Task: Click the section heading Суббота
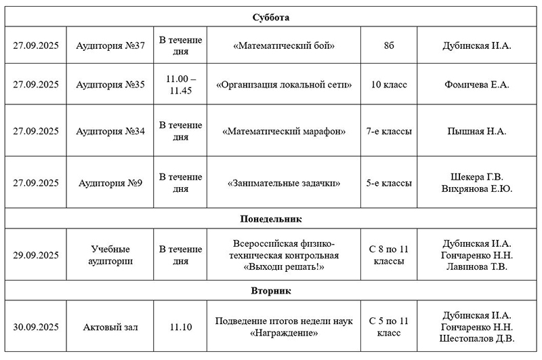click(x=271, y=17)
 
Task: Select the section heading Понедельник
click(x=271, y=219)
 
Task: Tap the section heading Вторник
click(x=271, y=291)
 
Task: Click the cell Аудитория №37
click(x=110, y=45)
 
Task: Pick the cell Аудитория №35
click(x=110, y=85)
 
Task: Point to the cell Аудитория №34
click(x=110, y=131)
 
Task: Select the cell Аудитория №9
click(x=110, y=183)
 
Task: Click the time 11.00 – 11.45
click(x=180, y=85)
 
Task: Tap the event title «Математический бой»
click(x=284, y=45)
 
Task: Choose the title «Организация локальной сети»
click(x=284, y=85)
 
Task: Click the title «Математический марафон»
click(x=284, y=131)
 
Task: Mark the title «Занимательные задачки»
click(x=284, y=183)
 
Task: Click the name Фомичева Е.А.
click(x=476, y=85)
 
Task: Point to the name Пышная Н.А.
click(x=476, y=131)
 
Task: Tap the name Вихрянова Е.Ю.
click(x=476, y=189)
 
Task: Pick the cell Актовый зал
click(x=110, y=327)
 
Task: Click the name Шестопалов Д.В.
click(x=476, y=339)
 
